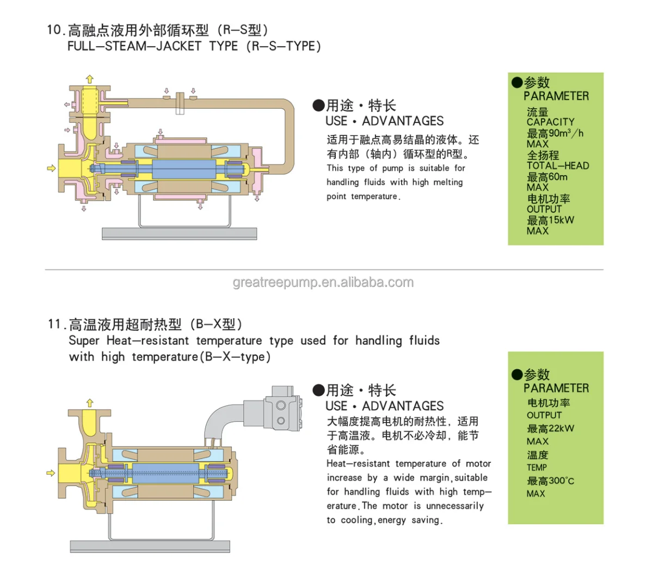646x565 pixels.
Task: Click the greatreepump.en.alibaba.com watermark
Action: [323, 283]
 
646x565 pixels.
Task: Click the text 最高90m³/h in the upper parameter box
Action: [555, 133]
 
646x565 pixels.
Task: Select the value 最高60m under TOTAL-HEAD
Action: [547, 177]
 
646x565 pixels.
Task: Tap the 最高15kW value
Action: [550, 220]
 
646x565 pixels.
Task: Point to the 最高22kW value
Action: [550, 429]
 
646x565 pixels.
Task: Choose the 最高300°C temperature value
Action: [550, 481]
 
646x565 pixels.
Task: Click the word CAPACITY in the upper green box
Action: [550, 122]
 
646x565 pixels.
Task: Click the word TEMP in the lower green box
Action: [537, 468]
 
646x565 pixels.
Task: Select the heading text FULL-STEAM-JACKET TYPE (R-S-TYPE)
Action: [194, 46]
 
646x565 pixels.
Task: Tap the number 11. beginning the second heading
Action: [56, 325]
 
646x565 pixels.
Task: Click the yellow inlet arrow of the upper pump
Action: [51, 168]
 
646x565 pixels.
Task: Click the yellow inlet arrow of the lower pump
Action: [51, 473]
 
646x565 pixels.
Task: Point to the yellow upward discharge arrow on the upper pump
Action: [90, 79]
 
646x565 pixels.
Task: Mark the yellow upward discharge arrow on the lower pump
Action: [90, 403]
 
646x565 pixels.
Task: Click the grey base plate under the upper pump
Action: [179, 234]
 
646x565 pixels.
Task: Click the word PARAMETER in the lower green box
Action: [556, 388]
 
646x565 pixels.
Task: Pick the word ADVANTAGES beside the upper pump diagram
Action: [403, 121]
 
